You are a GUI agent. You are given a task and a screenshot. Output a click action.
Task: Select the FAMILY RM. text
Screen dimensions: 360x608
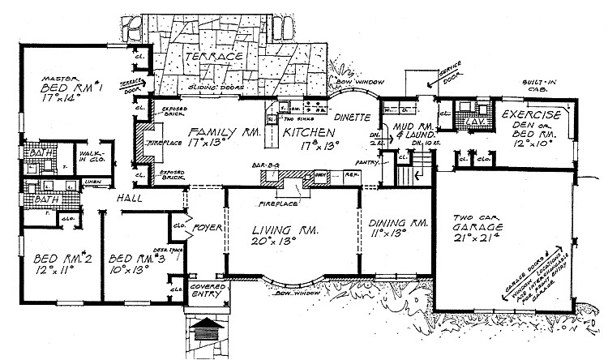click(212, 132)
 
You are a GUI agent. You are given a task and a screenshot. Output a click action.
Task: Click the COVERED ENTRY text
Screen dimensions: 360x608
click(206, 291)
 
